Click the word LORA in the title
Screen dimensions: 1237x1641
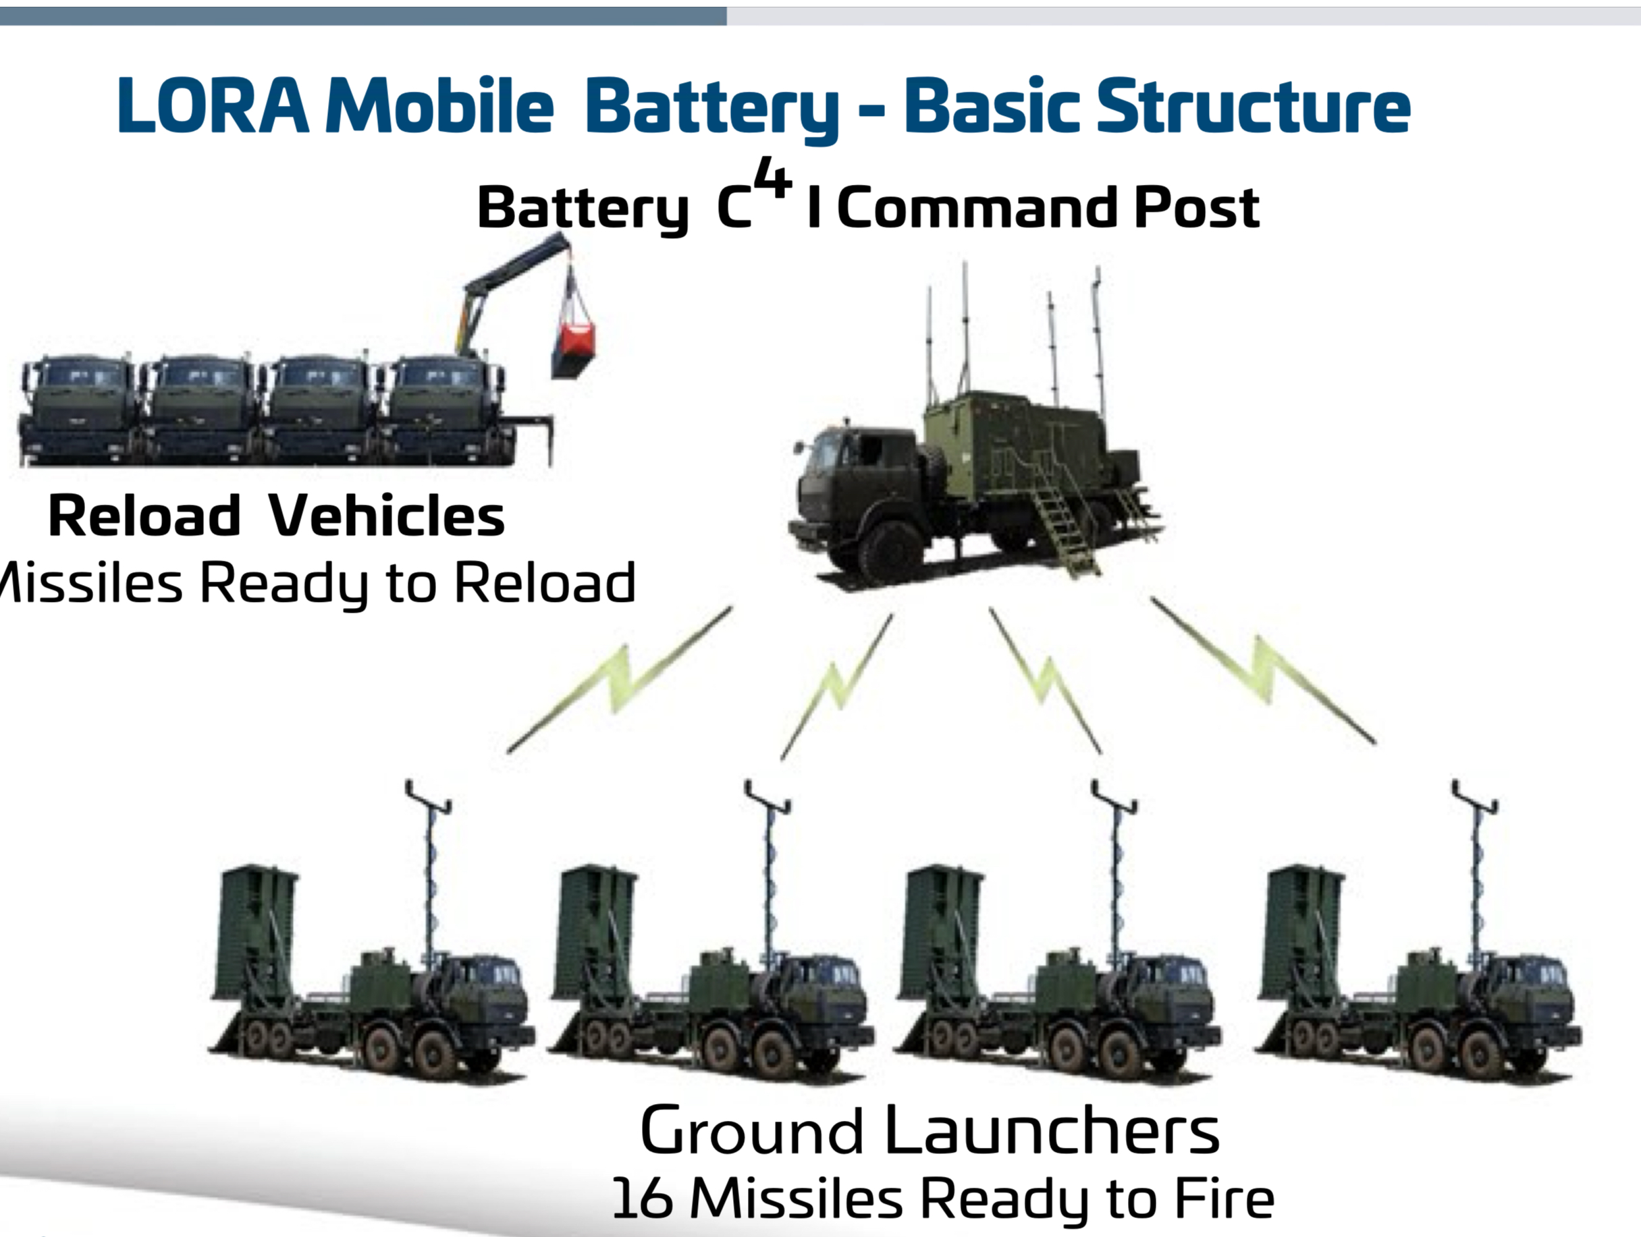click(212, 106)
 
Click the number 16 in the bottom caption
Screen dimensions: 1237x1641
click(643, 1199)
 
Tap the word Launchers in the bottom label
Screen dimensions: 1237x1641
click(1052, 1132)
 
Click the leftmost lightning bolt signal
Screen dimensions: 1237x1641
click(620, 679)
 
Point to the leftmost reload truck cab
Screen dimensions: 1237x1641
click(78, 408)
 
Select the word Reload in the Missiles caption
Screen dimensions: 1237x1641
click(545, 583)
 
